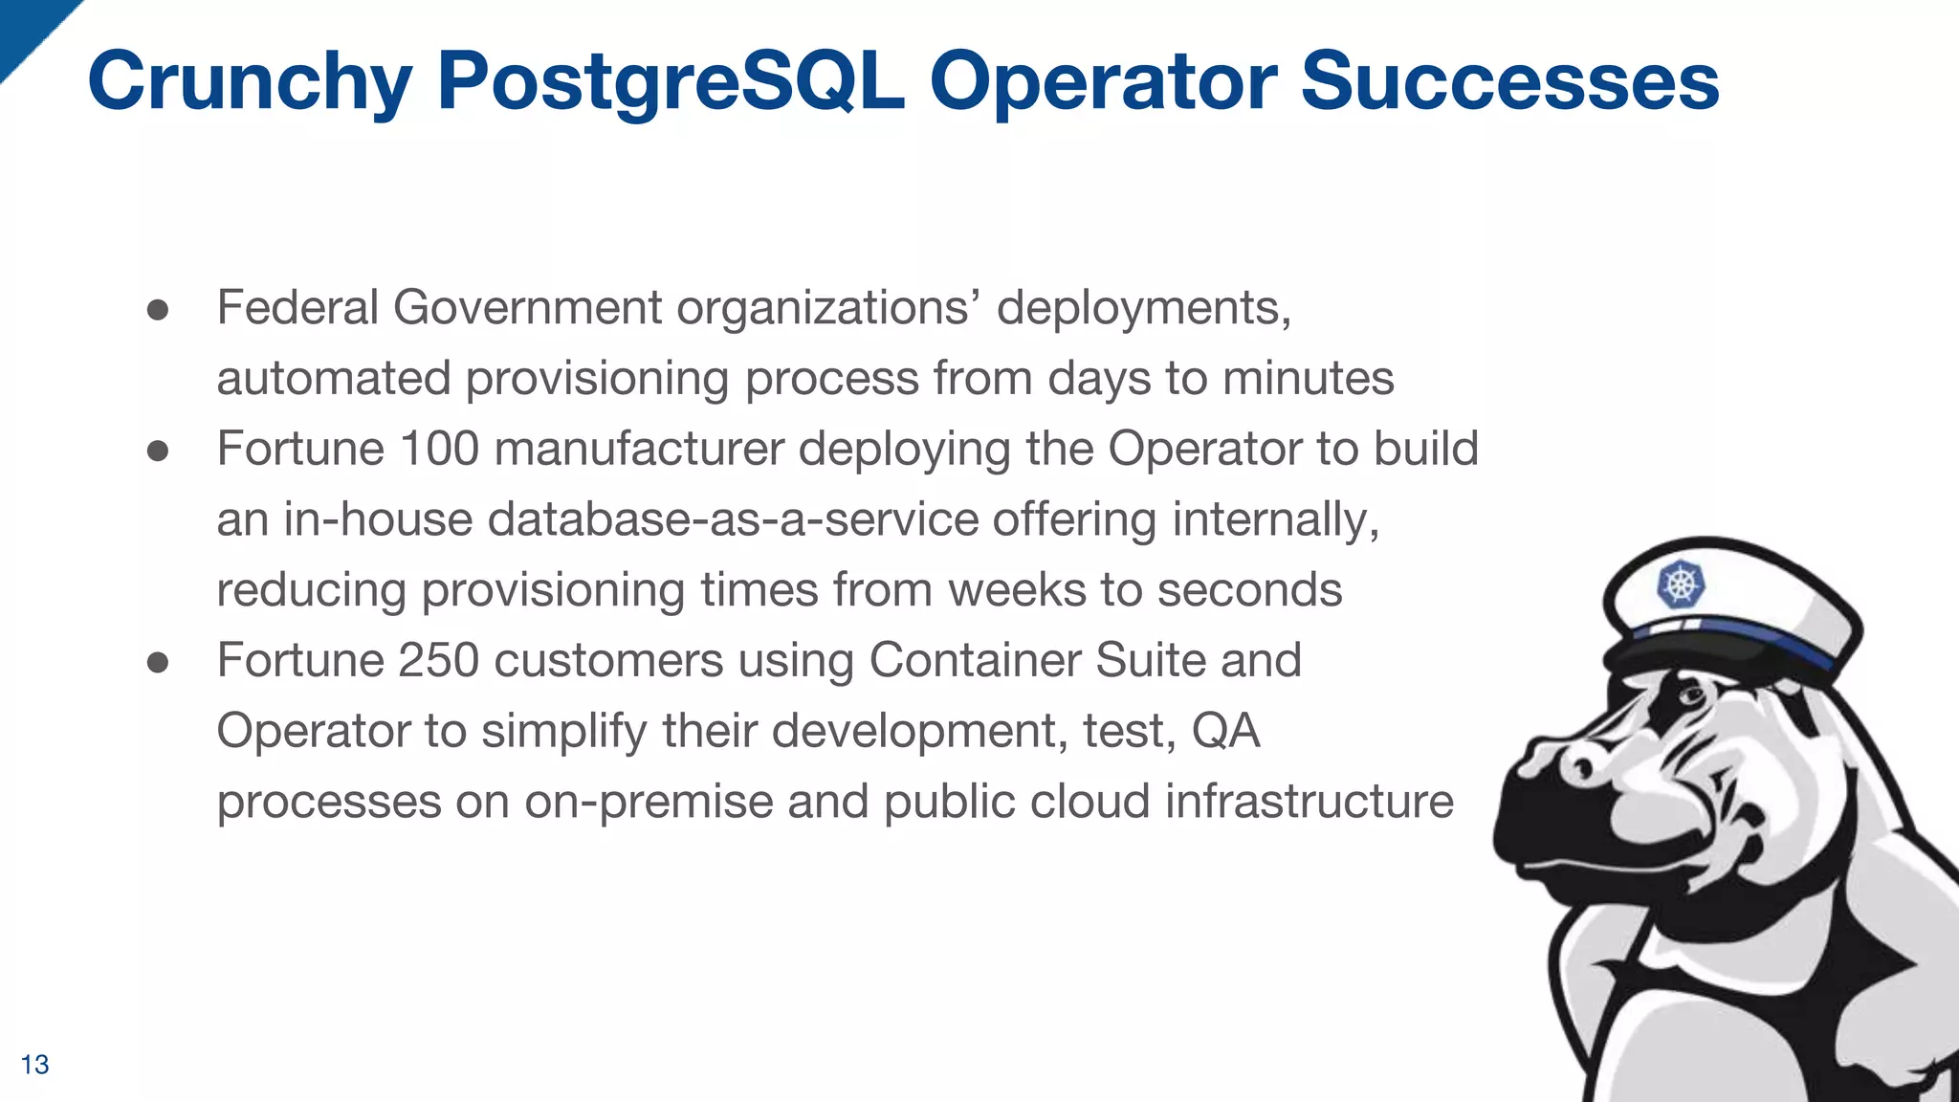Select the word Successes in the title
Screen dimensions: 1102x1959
coord(1509,82)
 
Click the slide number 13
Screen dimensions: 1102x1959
coord(34,1065)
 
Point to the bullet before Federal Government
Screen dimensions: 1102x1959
coord(158,310)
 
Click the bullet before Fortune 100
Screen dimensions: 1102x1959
coord(158,451)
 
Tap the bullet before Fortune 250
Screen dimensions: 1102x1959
coord(158,662)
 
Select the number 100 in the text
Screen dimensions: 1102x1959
coord(438,449)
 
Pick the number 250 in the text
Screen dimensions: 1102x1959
coord(438,660)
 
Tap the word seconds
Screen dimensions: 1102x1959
coord(1249,590)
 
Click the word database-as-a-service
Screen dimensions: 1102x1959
coord(733,519)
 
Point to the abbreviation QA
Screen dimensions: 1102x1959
coord(1225,732)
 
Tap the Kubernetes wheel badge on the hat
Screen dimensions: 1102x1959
coord(1681,584)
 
